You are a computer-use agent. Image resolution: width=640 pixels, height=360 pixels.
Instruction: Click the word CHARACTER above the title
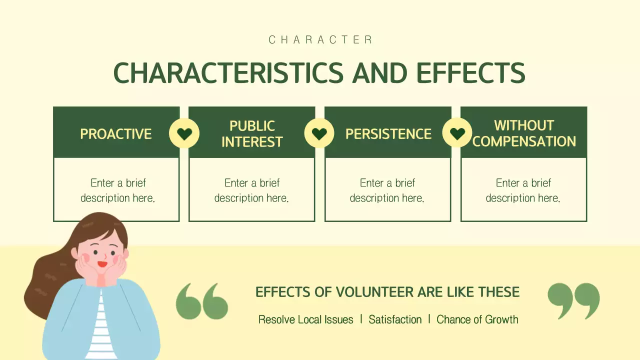(320, 40)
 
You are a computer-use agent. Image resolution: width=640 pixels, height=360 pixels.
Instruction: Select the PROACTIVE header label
(116, 134)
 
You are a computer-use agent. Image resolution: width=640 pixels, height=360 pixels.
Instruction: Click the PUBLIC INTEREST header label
(252, 134)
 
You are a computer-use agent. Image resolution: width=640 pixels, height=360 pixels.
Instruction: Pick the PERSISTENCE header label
(388, 134)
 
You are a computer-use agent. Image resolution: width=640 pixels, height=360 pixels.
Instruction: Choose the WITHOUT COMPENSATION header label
(524, 133)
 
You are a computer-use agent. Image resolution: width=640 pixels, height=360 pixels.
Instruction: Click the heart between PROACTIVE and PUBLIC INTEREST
(184, 133)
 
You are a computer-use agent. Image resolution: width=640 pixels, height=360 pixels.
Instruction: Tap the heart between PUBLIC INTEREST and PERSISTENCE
(319, 133)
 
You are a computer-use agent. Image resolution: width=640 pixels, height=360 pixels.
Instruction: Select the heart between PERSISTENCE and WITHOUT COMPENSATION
(457, 133)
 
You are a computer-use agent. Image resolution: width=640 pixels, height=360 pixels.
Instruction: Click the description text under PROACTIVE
(117, 190)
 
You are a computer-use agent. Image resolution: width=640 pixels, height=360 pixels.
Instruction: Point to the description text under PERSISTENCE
(387, 190)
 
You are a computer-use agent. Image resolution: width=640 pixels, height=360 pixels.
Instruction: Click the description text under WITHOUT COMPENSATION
(523, 190)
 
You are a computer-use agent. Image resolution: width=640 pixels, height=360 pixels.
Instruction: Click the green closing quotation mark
(573, 300)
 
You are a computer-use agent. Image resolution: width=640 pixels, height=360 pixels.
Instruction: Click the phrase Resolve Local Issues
(305, 319)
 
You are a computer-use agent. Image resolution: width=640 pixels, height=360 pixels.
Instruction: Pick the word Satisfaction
(395, 319)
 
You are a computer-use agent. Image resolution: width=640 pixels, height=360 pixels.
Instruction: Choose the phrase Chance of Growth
(477, 319)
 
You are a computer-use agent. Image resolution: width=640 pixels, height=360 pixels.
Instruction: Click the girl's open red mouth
(102, 263)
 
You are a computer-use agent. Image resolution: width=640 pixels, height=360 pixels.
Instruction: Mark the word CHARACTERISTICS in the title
(228, 73)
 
